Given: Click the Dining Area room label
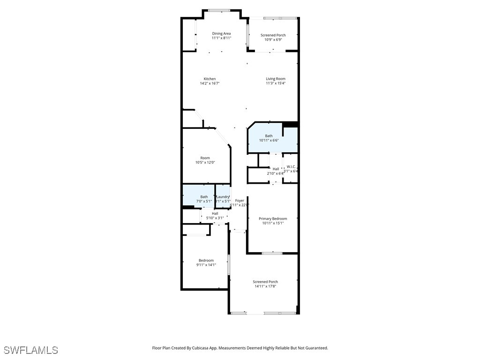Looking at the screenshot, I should click(x=221, y=33).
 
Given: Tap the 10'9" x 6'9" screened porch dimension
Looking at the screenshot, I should click(x=273, y=39).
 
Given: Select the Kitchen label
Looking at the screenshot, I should click(x=210, y=79).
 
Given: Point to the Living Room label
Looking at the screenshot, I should click(x=275, y=79).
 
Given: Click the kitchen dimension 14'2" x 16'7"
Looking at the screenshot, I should click(x=210, y=83).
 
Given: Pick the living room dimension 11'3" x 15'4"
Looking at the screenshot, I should click(x=275, y=83).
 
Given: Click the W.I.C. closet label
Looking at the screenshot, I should click(x=291, y=166).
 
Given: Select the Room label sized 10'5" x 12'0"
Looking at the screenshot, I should click(x=205, y=158).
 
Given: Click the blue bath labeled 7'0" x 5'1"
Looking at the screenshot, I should click(x=204, y=199).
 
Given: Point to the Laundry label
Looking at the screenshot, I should click(x=223, y=197).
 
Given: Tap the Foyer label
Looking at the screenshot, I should click(x=240, y=201).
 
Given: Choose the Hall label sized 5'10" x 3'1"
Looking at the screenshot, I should click(x=215, y=213).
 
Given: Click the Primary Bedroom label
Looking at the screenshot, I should click(x=273, y=218).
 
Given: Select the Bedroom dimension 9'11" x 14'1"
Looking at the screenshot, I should click(x=206, y=265).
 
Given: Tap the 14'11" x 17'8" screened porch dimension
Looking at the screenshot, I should click(x=265, y=286).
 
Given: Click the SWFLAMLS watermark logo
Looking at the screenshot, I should click(x=30, y=350).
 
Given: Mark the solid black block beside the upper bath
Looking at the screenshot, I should click(x=291, y=124).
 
